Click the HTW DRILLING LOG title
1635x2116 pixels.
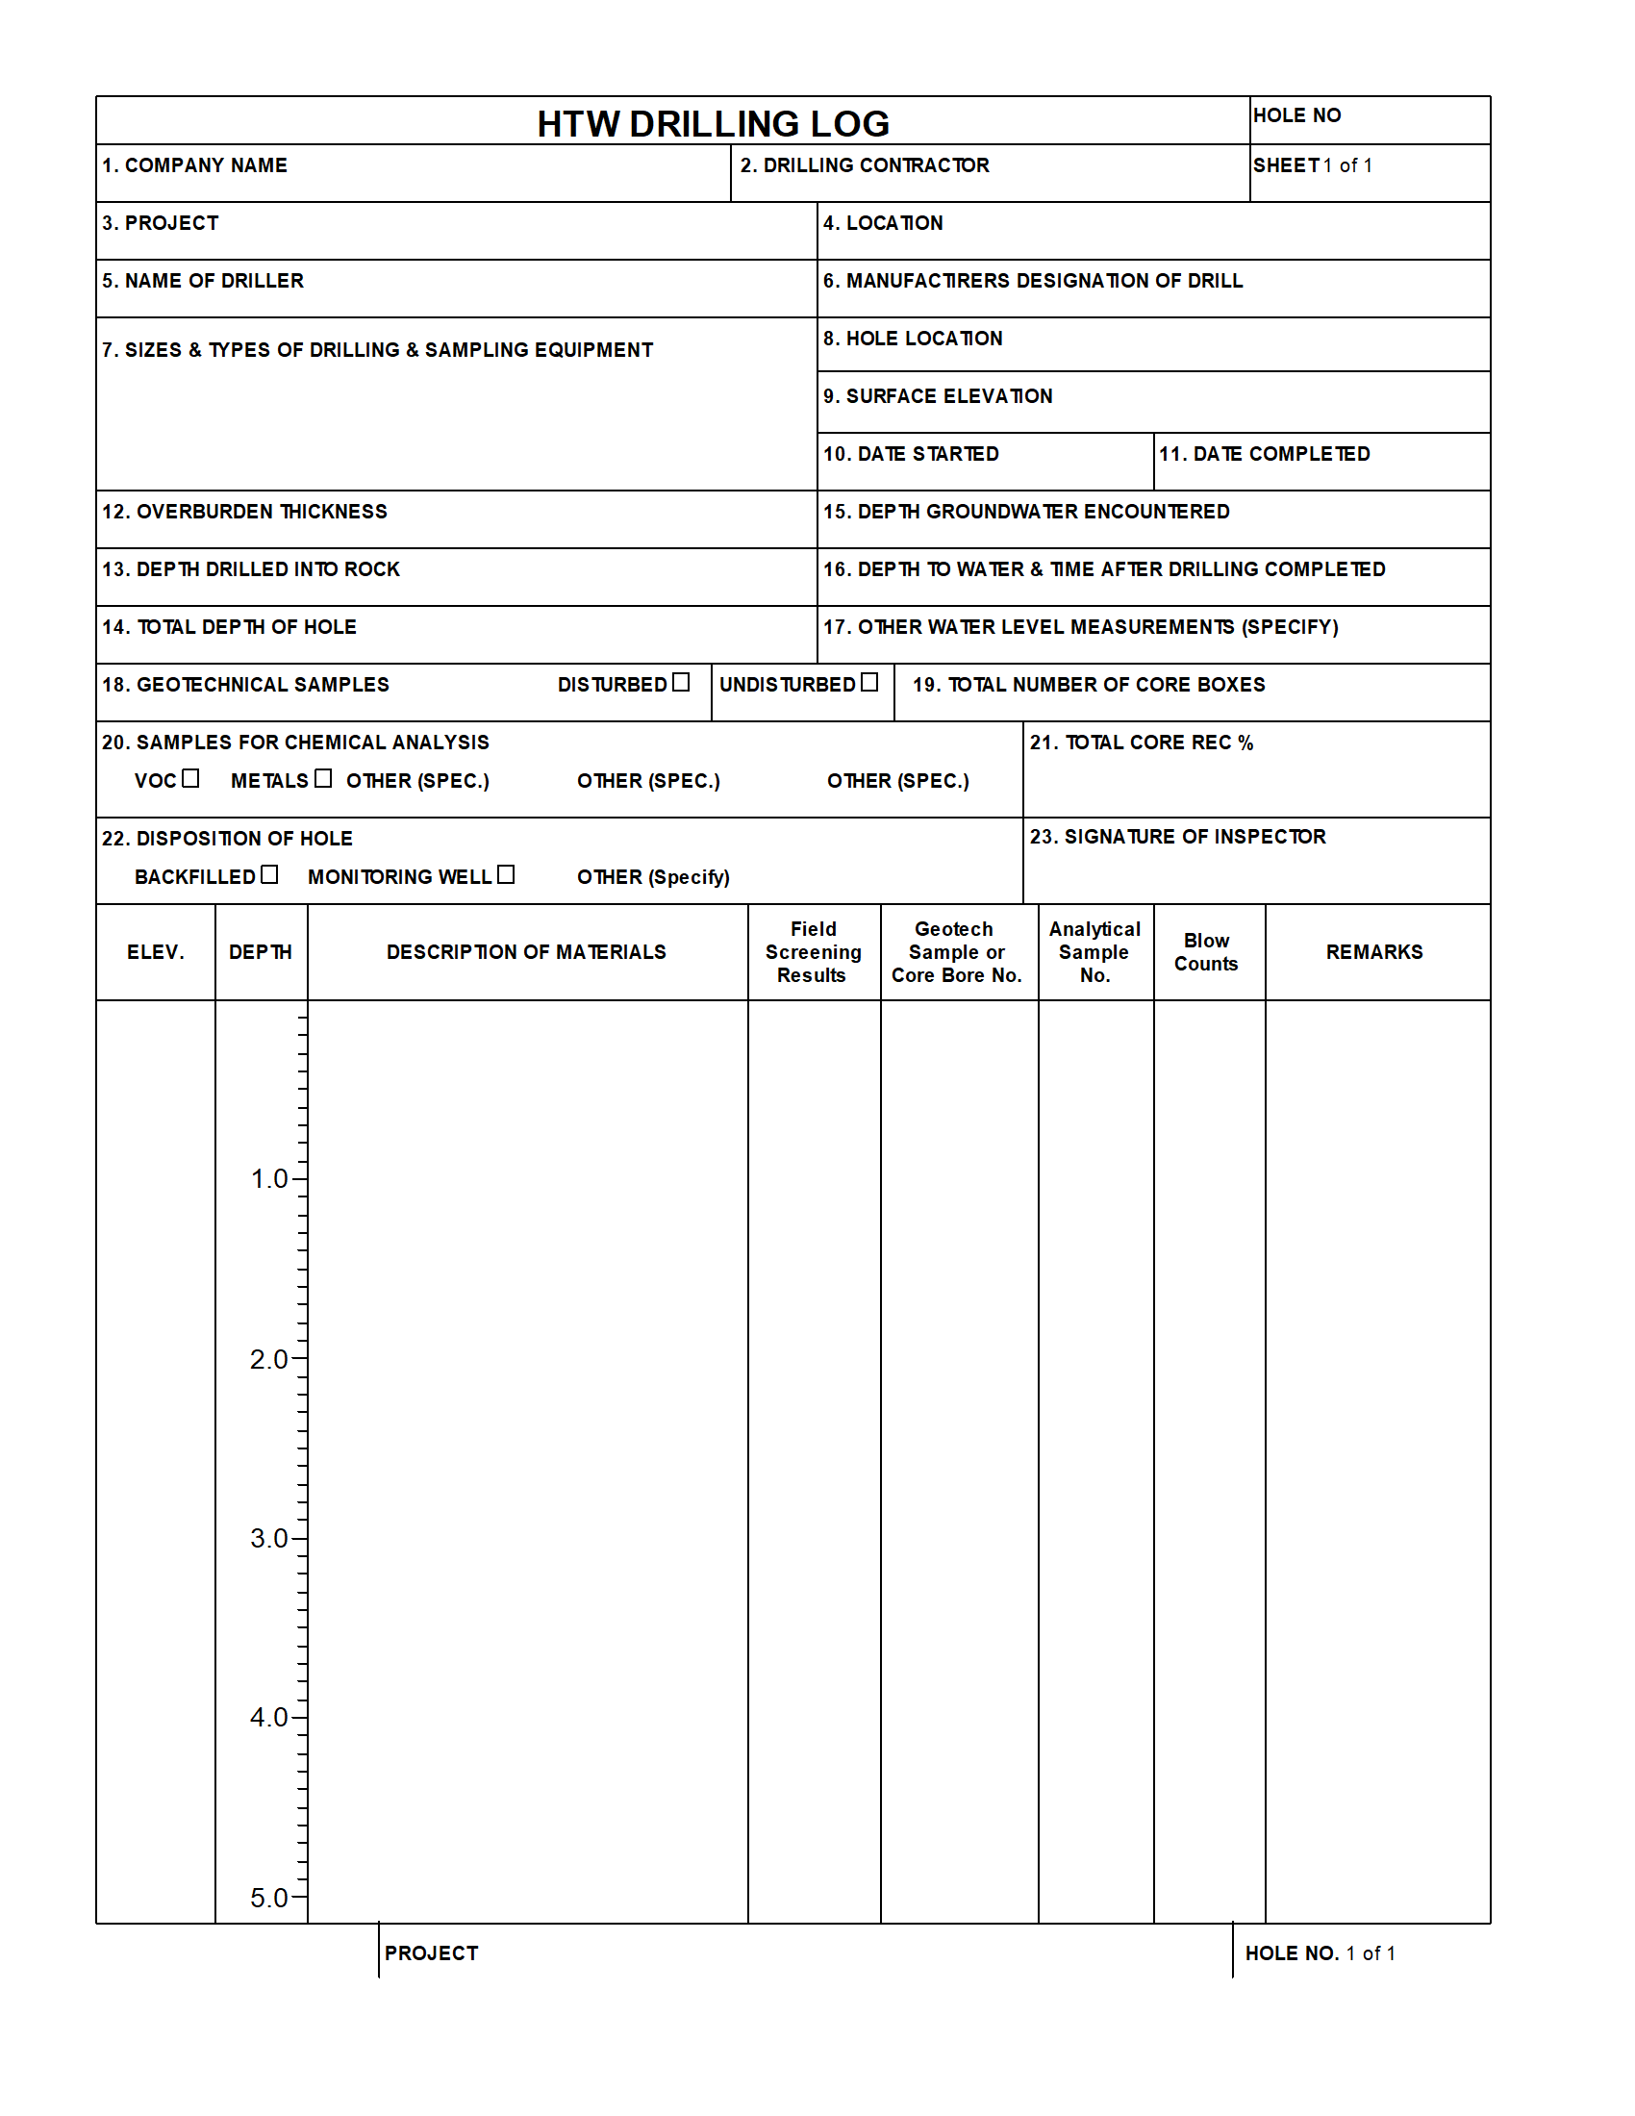[713, 124]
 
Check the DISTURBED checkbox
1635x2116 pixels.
[681, 682]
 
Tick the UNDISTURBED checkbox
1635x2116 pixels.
[868, 682]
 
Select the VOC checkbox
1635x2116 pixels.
[190, 778]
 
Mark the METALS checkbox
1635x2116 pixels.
[322, 778]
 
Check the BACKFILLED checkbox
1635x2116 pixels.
[269, 874]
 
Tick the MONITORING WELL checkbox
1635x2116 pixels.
[506, 874]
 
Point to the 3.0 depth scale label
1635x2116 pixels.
[269, 1539]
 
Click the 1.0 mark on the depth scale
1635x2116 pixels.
[269, 1179]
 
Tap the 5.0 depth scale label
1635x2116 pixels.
[269, 1898]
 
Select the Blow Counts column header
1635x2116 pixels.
[1206, 952]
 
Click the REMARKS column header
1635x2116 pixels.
[1374, 952]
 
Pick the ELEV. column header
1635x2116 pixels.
[155, 952]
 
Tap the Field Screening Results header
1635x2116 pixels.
[813, 952]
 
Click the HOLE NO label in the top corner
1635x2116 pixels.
[1297, 115]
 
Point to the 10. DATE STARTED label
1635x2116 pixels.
[911, 454]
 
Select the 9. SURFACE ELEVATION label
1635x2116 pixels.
[937, 396]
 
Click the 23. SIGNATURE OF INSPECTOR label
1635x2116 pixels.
[1177, 837]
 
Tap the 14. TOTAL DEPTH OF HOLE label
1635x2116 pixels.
[229, 628]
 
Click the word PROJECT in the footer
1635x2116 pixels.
[431, 1953]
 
